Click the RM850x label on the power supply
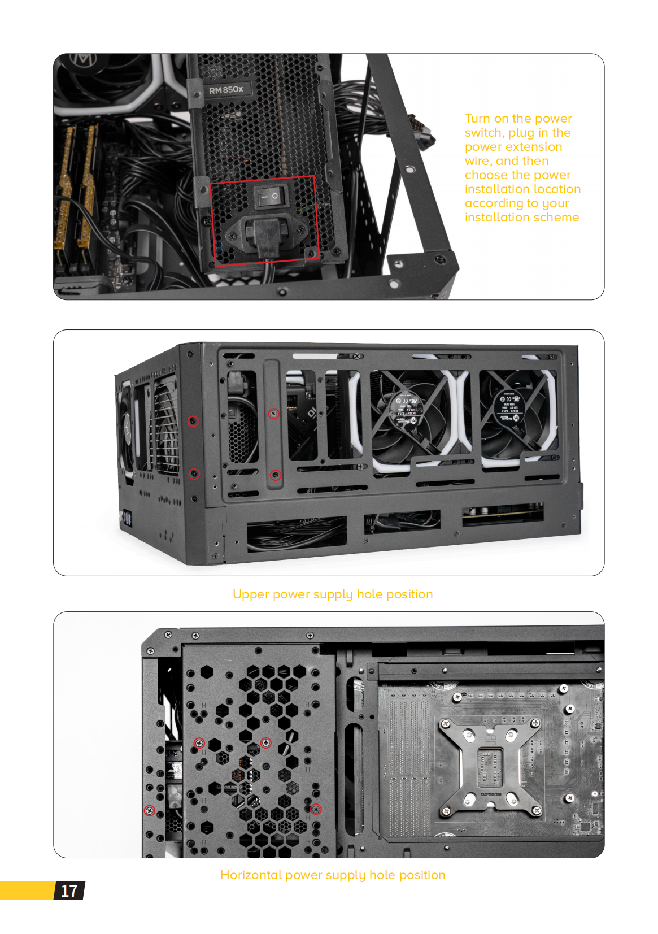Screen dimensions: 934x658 pyautogui.click(x=226, y=90)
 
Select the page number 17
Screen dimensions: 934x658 pyautogui.click(x=69, y=891)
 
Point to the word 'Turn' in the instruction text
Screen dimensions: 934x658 pyautogui.click(x=477, y=119)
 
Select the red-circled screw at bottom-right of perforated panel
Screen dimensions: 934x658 pyautogui.click(x=316, y=809)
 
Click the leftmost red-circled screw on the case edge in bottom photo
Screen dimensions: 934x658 pyautogui.click(x=150, y=811)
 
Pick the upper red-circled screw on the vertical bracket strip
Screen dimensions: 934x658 pyautogui.click(x=274, y=414)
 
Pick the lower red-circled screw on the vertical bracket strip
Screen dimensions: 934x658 pyautogui.click(x=275, y=475)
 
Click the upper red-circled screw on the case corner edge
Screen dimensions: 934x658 pyautogui.click(x=193, y=421)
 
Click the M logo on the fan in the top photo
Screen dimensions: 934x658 pyautogui.click(x=82, y=61)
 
